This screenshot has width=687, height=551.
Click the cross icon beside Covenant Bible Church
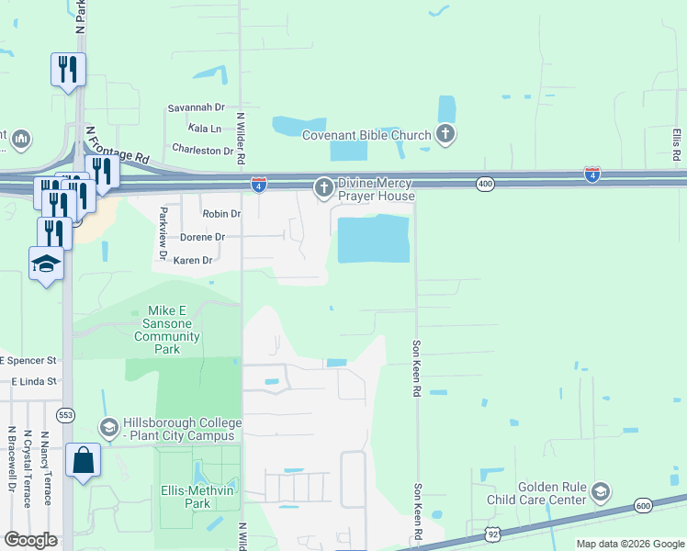445,136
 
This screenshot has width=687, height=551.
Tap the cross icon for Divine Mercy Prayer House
323,189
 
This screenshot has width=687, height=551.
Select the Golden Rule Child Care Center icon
601,492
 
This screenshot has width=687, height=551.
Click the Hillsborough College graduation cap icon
109,428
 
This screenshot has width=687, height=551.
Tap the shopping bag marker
83,459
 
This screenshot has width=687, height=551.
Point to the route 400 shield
485,185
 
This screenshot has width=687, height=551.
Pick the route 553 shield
66,414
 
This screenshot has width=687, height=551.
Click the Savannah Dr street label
196,107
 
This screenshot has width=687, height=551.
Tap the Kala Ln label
204,129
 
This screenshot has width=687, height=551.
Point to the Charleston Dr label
203,150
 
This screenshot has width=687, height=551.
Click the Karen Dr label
193,261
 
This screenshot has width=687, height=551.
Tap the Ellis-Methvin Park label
198,497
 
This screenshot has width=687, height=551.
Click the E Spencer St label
29,361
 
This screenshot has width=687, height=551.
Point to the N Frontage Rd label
117,146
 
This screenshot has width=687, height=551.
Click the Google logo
30,540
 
